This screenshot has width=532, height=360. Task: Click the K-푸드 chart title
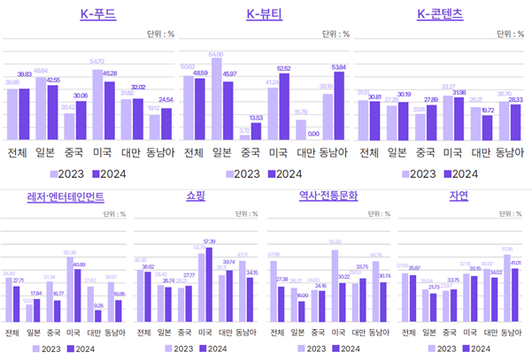[x=97, y=13]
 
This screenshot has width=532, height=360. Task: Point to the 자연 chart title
[x=459, y=196]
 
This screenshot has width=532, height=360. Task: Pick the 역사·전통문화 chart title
[x=328, y=196]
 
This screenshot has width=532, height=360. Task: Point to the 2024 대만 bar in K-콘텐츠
[x=488, y=128]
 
